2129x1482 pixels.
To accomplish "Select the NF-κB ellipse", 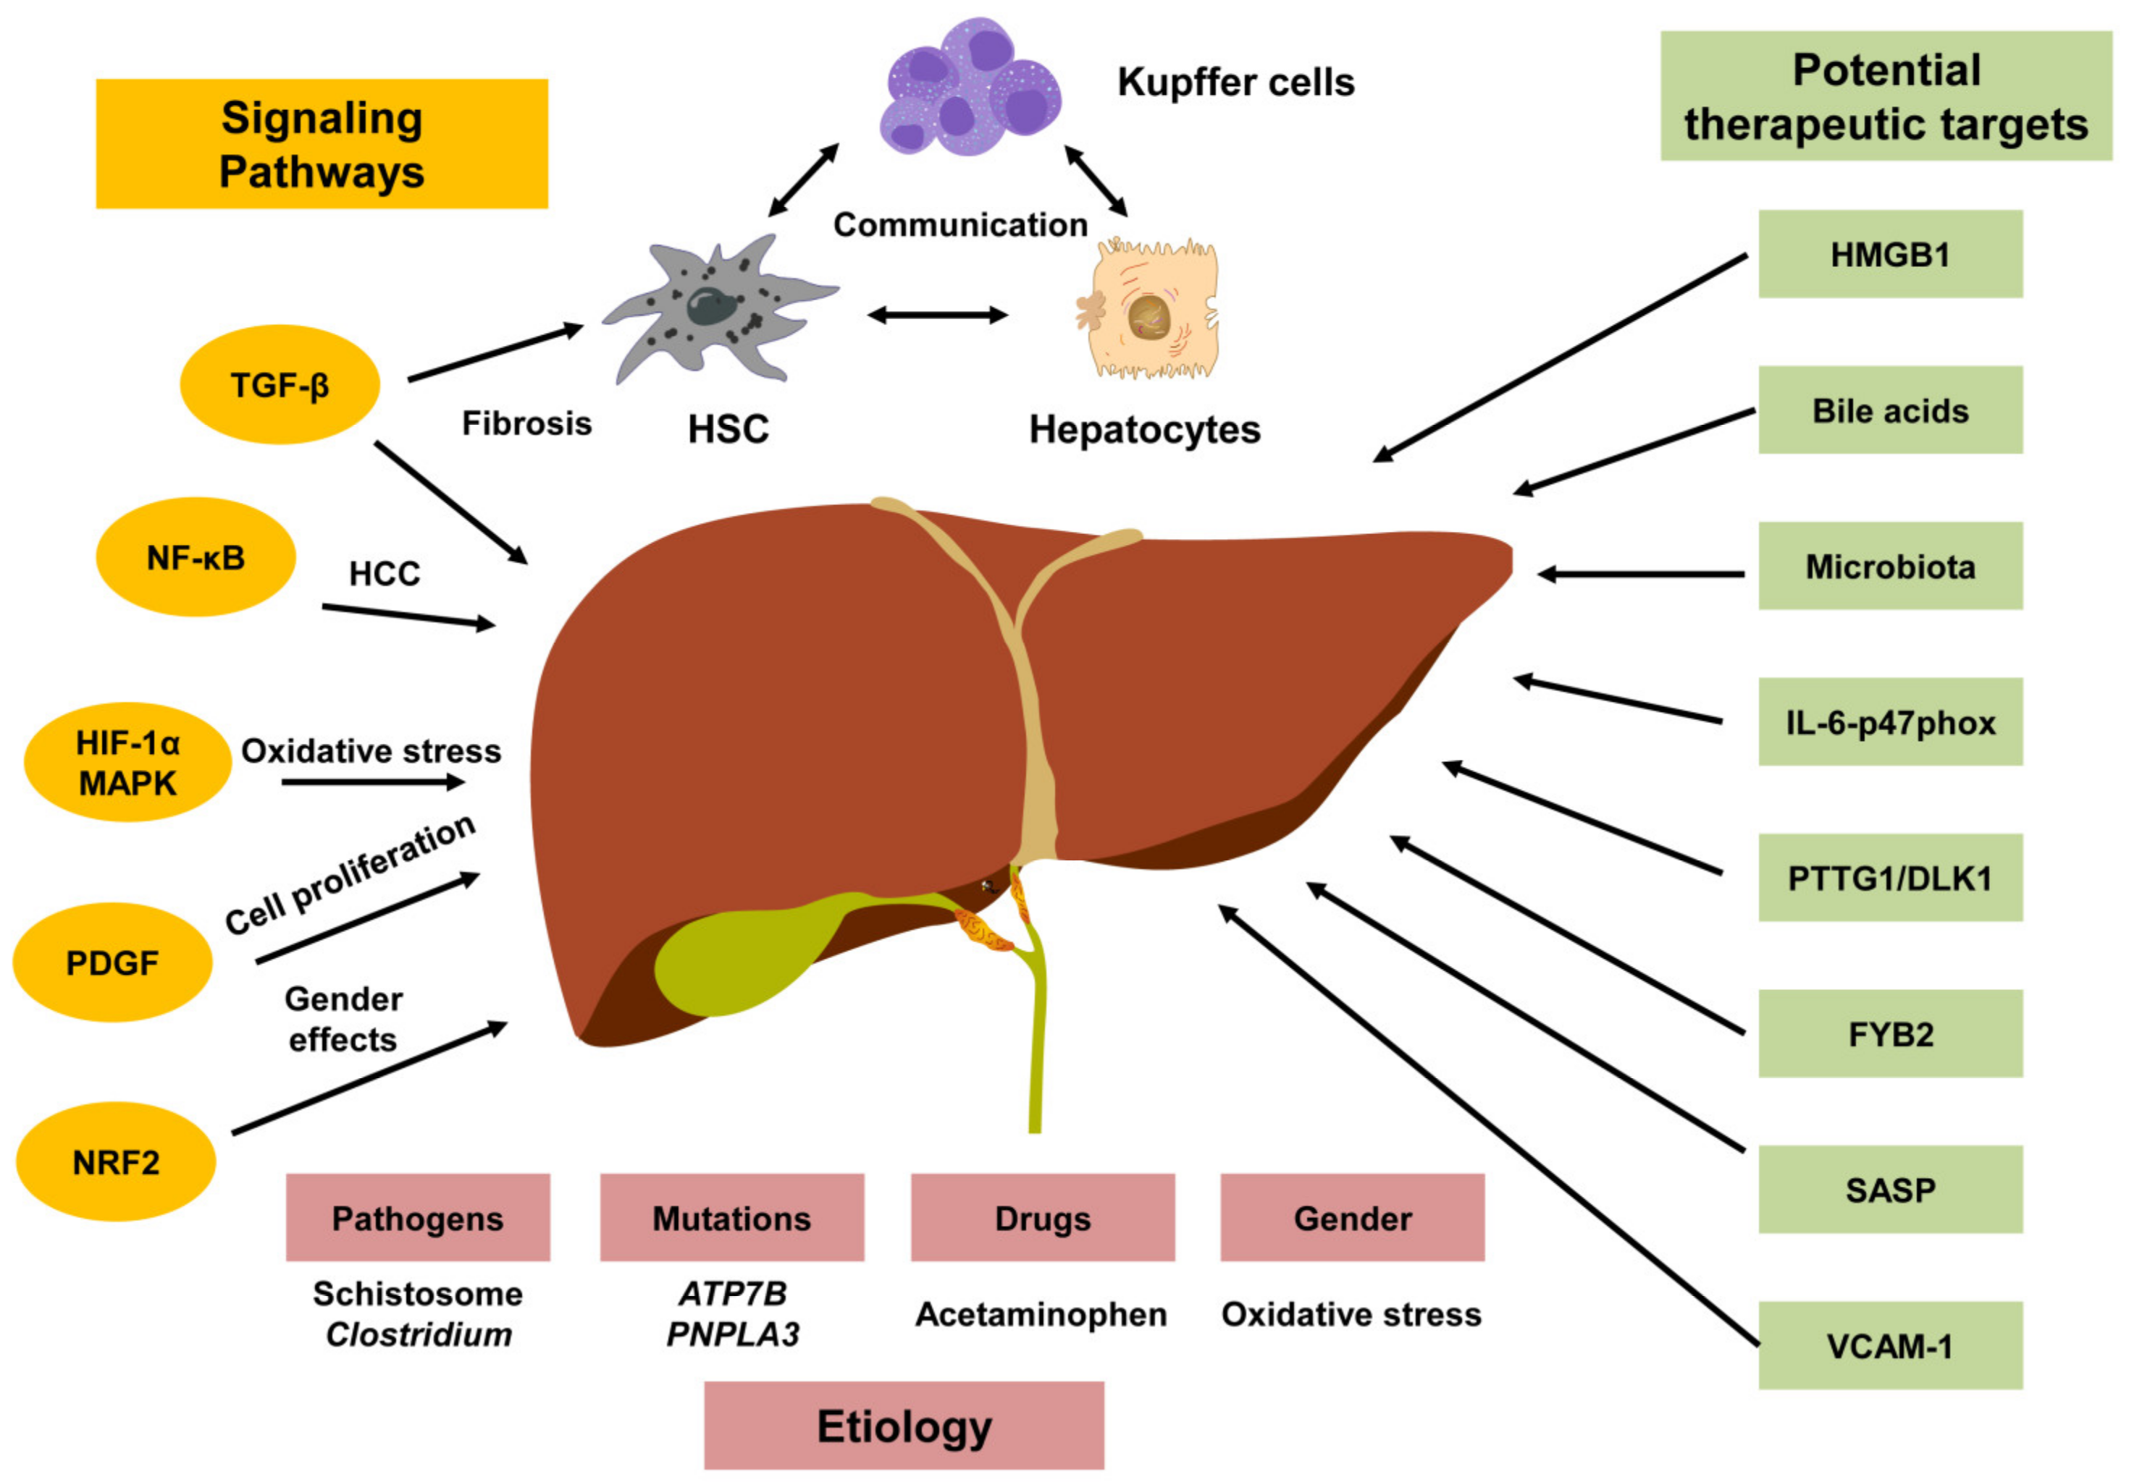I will click(196, 558).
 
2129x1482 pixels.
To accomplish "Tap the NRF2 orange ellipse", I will click(116, 1162).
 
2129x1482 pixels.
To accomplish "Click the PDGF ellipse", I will click(112, 963).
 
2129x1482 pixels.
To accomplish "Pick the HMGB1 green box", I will click(1890, 254).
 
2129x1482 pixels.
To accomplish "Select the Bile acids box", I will click(1890, 410).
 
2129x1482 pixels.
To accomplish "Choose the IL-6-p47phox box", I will click(1890, 722).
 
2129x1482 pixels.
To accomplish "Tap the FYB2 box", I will click(1890, 1033).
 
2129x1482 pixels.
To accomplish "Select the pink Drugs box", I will click(1042, 1218).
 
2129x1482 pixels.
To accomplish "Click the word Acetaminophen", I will click(1041, 1314).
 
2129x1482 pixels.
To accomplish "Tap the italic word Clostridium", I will click(419, 1334).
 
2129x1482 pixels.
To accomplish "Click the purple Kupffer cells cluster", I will click(969, 88).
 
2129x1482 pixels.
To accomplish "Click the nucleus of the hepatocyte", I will click(1151, 316).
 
